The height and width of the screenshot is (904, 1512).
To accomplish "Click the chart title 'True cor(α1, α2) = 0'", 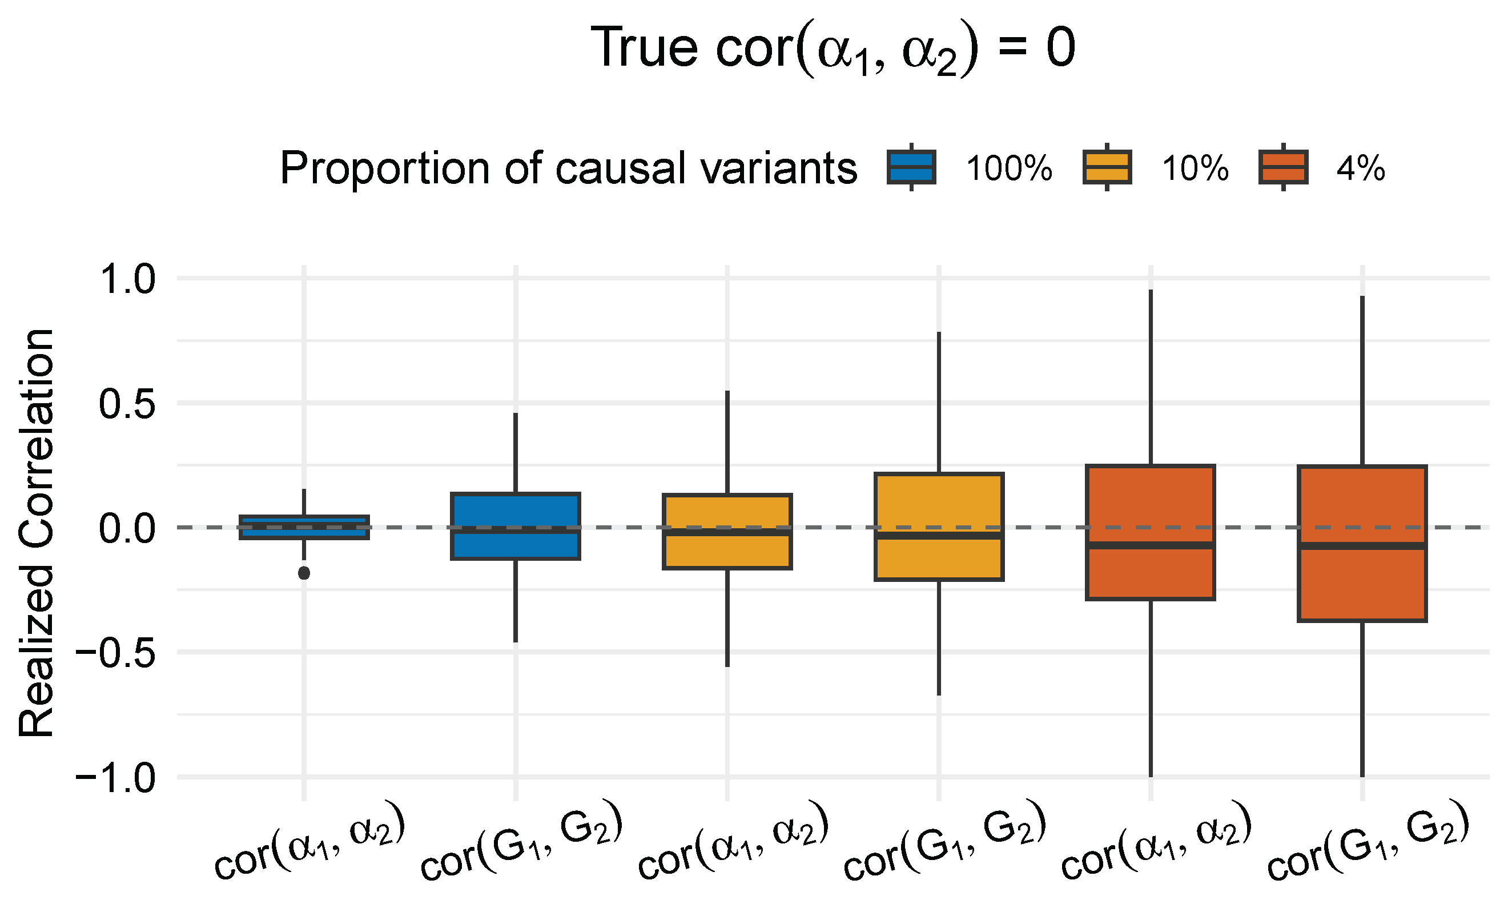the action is (833, 50).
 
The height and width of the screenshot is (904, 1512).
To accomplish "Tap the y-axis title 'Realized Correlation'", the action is (37, 532).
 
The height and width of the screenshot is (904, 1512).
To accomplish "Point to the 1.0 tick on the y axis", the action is (128, 280).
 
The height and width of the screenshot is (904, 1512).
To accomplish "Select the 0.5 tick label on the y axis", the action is (128, 404).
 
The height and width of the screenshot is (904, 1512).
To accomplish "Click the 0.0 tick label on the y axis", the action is (128, 528).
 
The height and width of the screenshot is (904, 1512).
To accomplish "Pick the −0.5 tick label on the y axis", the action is (116, 653).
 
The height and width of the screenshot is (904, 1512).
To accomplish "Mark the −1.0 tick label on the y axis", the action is (116, 778).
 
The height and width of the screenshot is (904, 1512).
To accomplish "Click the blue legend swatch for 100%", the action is (911, 167).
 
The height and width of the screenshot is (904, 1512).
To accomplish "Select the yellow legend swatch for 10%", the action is (1107, 167).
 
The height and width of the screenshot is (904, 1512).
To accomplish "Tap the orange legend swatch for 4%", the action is (1283, 167).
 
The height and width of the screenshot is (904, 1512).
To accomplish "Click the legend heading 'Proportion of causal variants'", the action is (568, 168).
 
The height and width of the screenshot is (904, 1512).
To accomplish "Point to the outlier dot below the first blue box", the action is (304, 573).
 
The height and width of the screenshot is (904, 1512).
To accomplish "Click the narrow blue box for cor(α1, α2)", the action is (304, 527).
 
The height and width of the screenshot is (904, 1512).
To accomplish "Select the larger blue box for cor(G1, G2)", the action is (515, 526).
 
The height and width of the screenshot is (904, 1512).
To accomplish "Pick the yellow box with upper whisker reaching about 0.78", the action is (939, 527).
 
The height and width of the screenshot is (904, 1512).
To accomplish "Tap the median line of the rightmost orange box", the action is (1362, 546).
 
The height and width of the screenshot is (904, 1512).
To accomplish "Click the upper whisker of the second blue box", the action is (515, 453).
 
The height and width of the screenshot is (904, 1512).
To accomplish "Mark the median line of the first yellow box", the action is (727, 532).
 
